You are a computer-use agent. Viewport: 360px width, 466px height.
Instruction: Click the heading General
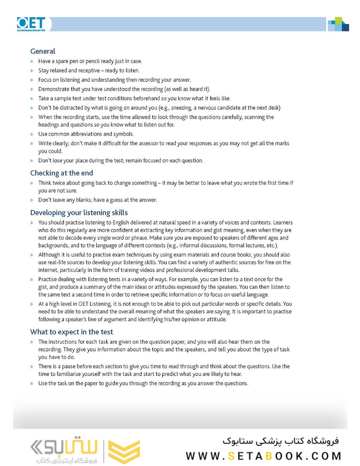click(x=42, y=51)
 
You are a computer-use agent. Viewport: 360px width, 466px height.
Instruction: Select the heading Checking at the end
click(x=61, y=173)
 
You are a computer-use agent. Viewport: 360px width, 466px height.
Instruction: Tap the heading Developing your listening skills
click(x=79, y=213)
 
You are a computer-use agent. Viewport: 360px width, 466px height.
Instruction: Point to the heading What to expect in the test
click(x=71, y=332)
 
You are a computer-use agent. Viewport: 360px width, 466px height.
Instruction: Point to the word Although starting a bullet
click(x=50, y=255)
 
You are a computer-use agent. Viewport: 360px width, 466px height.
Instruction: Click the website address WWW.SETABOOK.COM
click(x=264, y=456)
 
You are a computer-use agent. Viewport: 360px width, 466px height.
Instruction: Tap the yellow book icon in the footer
click(x=123, y=452)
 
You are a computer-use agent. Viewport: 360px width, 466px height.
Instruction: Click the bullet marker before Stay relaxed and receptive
click(x=32, y=71)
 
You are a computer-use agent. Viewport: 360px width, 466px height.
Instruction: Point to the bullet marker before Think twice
click(x=32, y=183)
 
